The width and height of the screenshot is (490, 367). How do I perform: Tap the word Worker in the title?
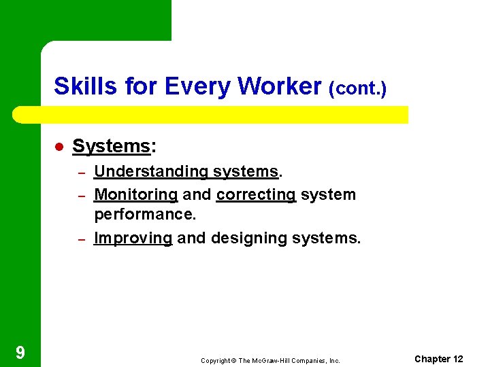click(280, 86)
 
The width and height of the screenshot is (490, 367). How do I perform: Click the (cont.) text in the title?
click(357, 88)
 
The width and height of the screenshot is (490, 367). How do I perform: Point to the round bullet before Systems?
click(59, 147)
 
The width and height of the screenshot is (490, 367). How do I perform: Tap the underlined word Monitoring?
click(135, 194)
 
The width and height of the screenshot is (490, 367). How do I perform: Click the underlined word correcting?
click(256, 194)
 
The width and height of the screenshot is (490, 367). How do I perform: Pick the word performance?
click(144, 215)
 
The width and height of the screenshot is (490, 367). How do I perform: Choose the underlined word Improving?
click(133, 238)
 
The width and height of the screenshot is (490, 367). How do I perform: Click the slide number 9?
click(20, 352)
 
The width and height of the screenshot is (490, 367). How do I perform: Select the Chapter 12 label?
click(438, 359)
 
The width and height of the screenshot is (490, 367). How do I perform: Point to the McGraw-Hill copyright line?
click(270, 360)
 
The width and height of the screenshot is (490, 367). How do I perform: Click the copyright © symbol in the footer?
click(235, 360)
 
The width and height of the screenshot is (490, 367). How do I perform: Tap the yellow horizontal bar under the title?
click(211, 114)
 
